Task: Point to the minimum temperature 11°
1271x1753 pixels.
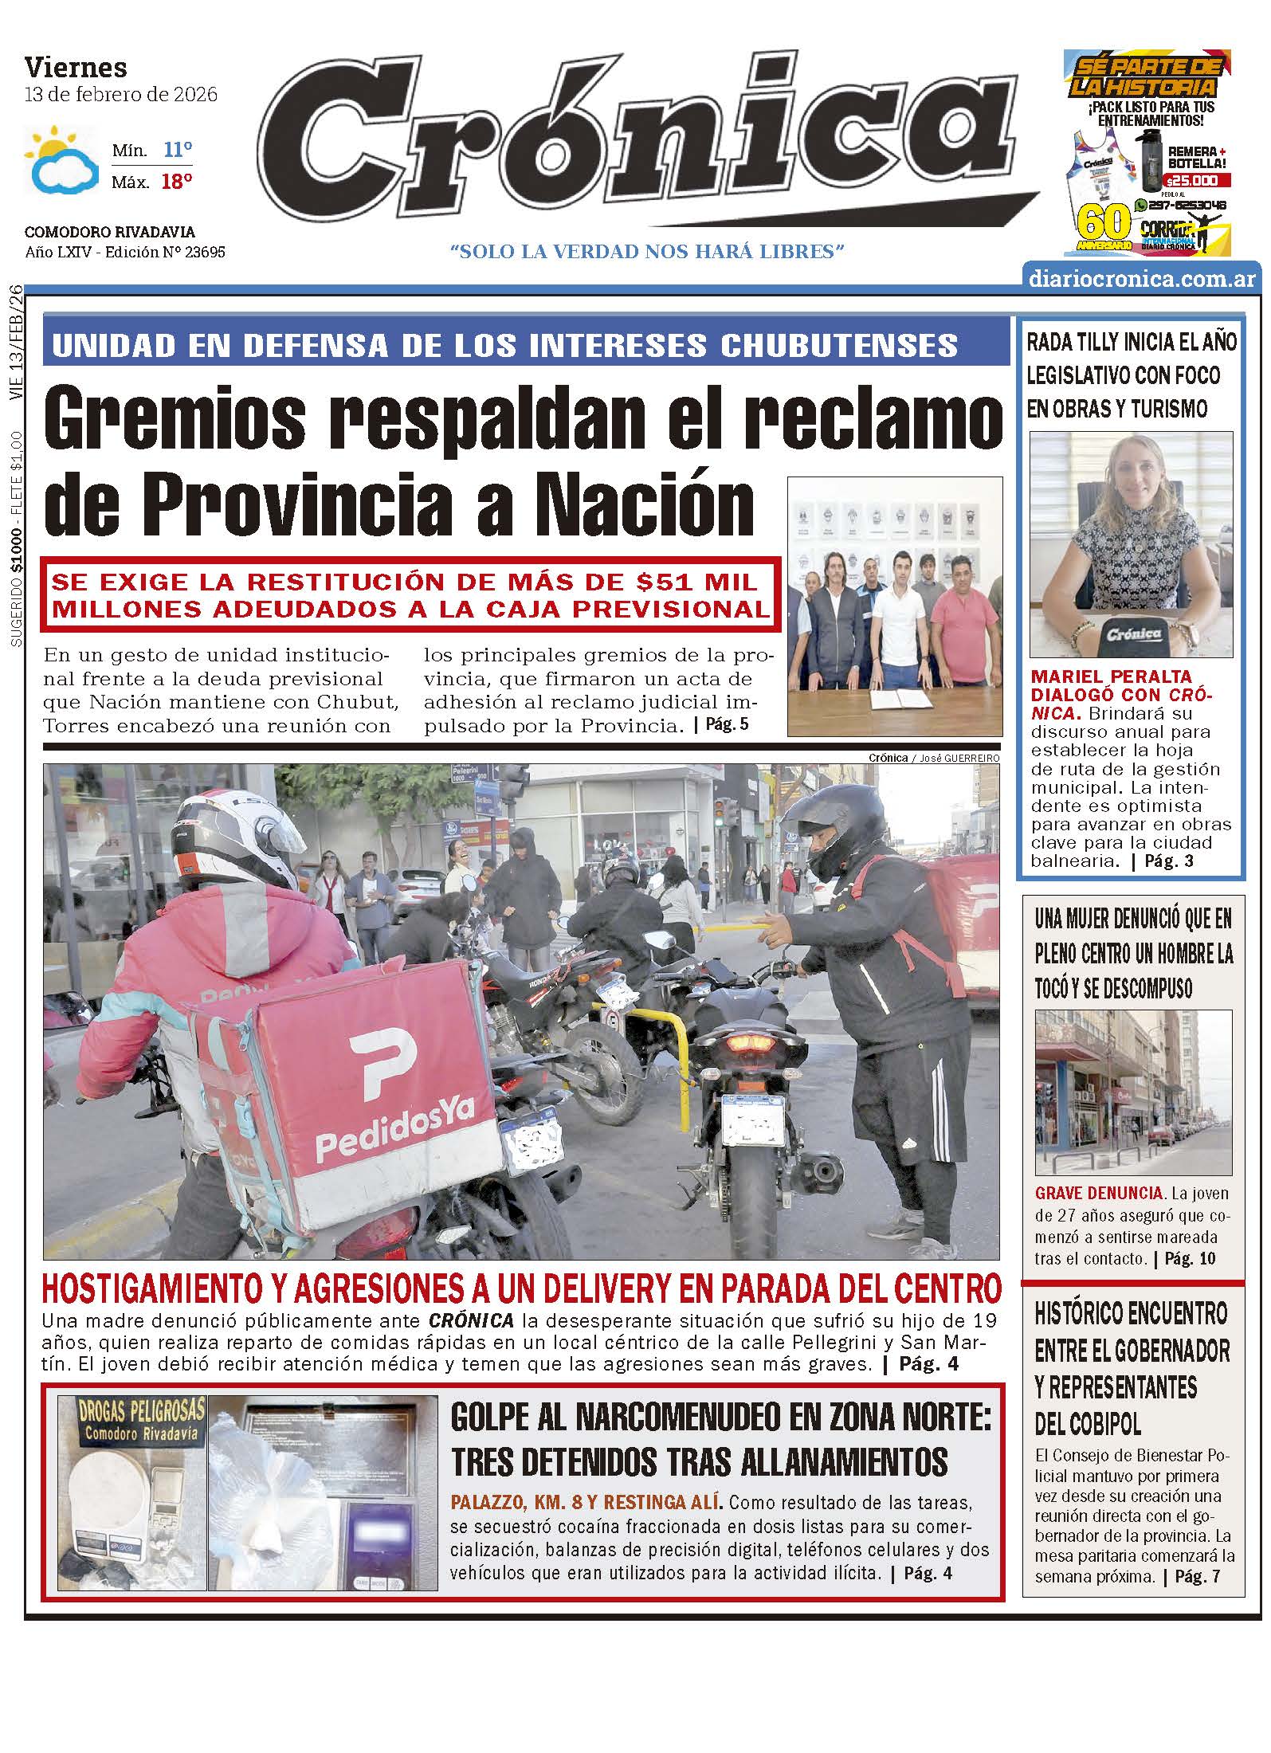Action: tap(178, 150)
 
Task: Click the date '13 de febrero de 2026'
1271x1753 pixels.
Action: tap(121, 95)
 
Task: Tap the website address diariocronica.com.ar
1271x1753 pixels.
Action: tap(1142, 279)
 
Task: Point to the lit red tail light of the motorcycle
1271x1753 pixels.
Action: tap(748, 1044)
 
